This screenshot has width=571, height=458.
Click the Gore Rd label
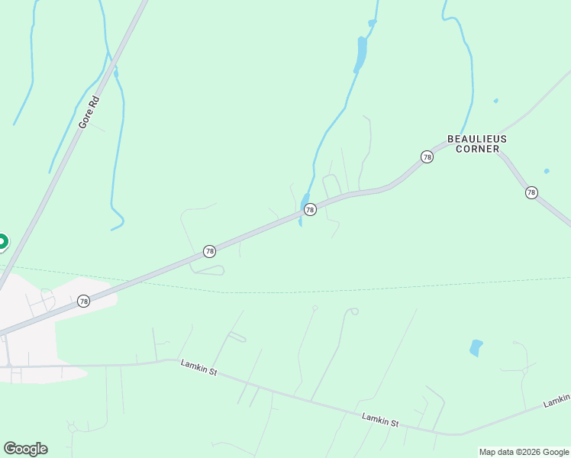(89, 112)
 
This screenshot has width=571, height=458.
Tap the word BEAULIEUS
(476, 139)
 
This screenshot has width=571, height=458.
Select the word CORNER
(476, 150)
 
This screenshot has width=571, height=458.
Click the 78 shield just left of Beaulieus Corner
(427, 156)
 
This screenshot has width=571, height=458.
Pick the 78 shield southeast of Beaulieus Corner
(531, 192)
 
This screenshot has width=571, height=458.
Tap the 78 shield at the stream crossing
(310, 209)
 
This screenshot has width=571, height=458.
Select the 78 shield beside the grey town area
(83, 302)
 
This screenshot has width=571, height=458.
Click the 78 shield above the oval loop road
(209, 251)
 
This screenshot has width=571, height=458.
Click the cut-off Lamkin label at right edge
(557, 401)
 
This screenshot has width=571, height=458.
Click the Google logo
(25, 449)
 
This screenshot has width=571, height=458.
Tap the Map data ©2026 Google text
(524, 452)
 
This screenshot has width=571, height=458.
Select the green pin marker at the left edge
(2, 243)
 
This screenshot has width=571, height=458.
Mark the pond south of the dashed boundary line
(476, 348)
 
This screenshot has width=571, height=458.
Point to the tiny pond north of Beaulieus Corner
(496, 101)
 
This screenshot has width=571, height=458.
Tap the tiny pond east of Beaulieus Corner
(547, 171)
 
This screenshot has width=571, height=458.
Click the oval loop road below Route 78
(208, 269)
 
